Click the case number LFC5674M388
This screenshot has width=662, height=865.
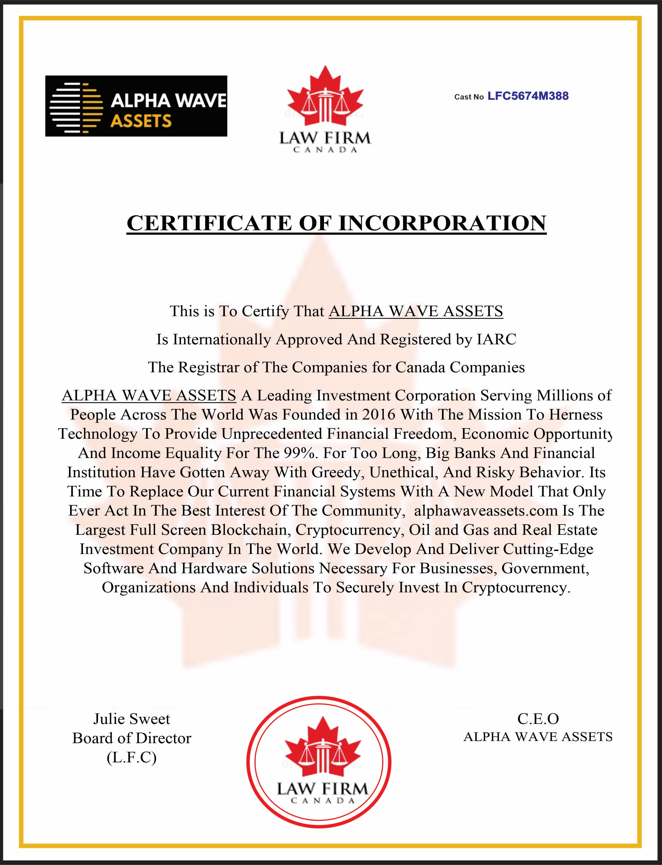click(x=528, y=96)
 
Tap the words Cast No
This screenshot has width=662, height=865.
click(x=469, y=97)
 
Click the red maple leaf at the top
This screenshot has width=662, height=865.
click(x=325, y=95)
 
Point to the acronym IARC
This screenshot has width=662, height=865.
click(x=496, y=339)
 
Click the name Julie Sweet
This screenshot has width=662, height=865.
click(x=132, y=719)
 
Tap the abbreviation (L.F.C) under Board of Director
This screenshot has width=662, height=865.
click(x=132, y=758)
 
